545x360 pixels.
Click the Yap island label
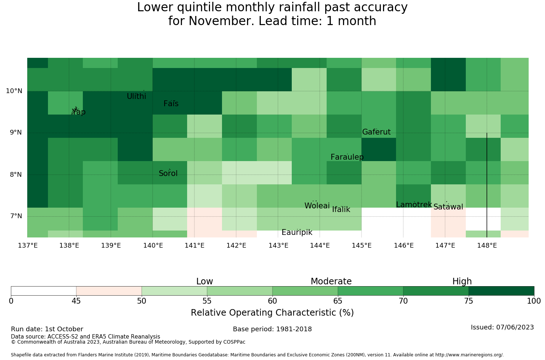78,112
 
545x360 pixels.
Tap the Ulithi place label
137,96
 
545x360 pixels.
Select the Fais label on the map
171,104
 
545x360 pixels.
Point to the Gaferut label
376,132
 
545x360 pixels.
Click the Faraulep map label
347,157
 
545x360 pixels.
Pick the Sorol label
168,173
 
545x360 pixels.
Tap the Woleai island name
317,205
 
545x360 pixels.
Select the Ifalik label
341,209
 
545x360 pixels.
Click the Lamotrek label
414,205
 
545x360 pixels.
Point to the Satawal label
448,207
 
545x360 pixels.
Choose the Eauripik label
297,232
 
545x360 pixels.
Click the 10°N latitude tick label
14,91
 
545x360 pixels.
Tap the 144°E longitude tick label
320,245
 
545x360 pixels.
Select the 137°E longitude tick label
28,245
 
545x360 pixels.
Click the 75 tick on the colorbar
469,301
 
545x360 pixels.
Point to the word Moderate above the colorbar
331,281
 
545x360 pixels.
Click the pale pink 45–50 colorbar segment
109,291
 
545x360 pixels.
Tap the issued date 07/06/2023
515,327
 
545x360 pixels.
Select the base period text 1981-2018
294,329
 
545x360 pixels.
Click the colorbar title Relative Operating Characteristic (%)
272,312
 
